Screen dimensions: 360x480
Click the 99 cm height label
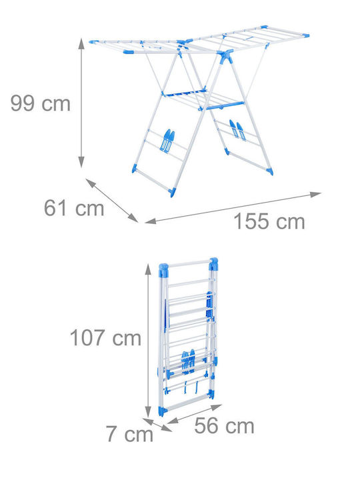[x=41, y=103]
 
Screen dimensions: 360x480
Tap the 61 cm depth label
[x=74, y=208]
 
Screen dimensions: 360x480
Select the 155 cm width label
[x=269, y=221]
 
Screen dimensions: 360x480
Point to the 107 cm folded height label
[x=105, y=337]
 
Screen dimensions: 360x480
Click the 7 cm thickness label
[x=129, y=434]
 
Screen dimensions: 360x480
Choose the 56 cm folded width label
[x=224, y=425]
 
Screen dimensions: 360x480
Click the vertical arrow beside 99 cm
[x=81, y=103]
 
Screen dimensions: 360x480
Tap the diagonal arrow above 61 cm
[x=112, y=201]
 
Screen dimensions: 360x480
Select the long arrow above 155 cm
[x=233, y=208]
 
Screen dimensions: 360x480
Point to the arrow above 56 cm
[x=195, y=414]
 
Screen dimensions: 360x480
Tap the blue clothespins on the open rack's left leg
[x=167, y=141]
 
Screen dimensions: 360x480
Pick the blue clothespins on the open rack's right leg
[x=238, y=130]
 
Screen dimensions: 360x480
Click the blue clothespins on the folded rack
[x=188, y=361]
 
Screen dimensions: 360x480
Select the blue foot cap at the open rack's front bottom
[x=173, y=192]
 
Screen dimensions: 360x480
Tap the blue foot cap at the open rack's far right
[x=270, y=171]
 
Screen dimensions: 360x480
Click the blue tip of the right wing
[x=305, y=36]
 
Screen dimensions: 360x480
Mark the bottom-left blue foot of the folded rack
[x=163, y=411]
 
